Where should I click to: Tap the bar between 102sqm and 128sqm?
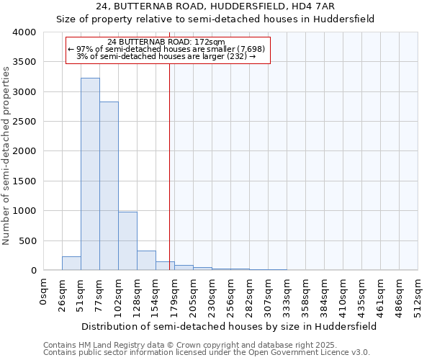click(127, 241)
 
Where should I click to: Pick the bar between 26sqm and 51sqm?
click(71, 264)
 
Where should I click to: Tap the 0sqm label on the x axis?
click(44, 291)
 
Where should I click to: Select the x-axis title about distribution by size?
click(229, 326)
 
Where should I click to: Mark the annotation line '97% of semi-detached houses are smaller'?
click(166, 49)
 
